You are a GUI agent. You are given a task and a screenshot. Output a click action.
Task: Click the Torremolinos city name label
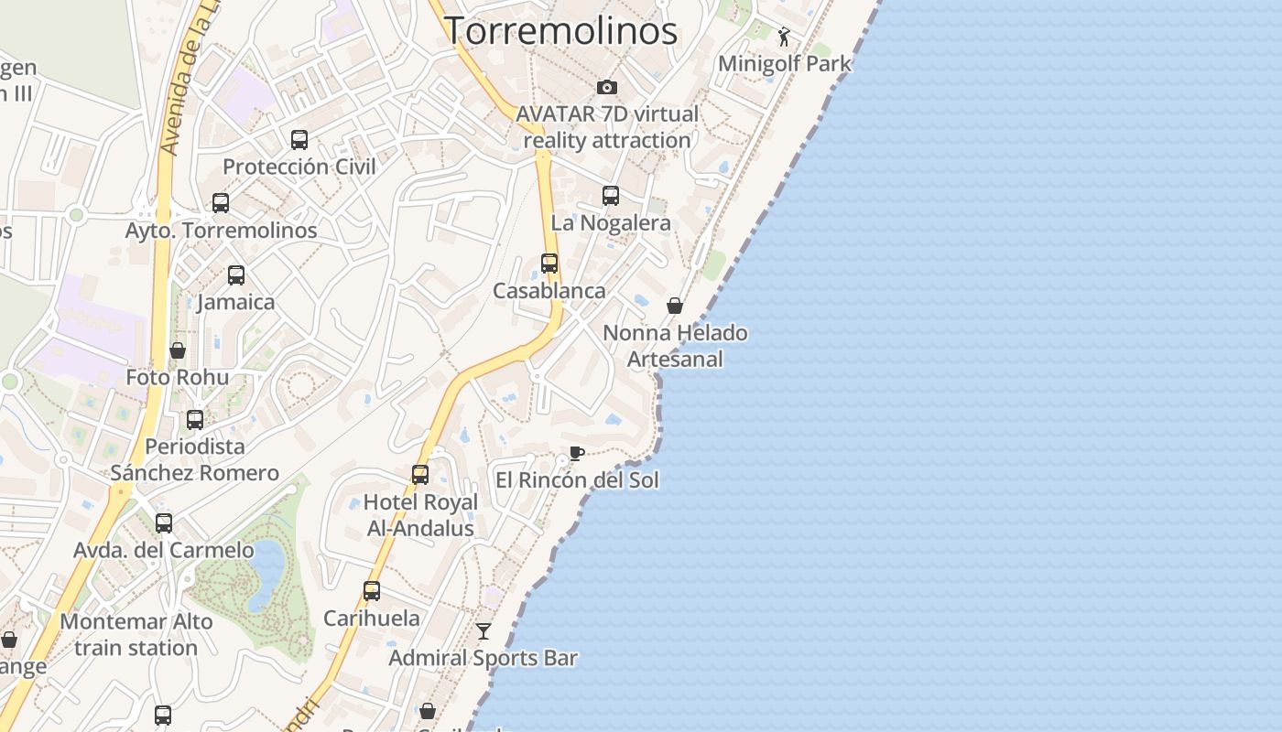point(560,30)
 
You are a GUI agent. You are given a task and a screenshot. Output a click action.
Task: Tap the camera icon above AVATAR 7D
point(606,88)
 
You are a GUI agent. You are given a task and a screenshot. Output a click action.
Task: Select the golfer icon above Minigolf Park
point(784,38)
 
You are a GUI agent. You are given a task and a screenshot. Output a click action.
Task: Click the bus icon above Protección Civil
point(299,140)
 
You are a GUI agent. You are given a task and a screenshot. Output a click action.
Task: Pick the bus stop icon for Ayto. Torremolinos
point(221,203)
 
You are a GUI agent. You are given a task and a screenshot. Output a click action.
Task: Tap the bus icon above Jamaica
point(236,275)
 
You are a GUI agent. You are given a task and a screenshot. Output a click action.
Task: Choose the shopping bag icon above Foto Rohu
point(178,350)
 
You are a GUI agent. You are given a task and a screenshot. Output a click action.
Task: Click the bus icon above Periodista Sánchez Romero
point(195,420)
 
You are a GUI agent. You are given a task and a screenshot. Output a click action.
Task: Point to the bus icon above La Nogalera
point(611,196)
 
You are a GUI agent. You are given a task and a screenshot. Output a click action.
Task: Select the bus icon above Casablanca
point(549,264)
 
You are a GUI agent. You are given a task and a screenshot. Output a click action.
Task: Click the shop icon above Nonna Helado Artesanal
point(675,306)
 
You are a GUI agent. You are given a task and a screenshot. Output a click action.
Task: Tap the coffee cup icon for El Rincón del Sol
point(576,453)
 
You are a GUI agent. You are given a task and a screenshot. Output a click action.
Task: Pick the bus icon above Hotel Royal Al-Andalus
point(420,475)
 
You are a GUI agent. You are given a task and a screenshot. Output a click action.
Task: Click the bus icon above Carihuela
point(372,591)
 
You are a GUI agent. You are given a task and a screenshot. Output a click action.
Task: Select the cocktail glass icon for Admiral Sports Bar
point(483,631)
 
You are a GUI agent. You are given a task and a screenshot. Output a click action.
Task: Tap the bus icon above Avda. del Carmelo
point(164,523)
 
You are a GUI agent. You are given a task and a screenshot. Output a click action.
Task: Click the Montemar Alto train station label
point(136,634)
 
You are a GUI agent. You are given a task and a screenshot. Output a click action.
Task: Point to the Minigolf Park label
point(785,64)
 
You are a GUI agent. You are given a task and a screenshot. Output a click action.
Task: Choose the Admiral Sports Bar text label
point(483,658)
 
